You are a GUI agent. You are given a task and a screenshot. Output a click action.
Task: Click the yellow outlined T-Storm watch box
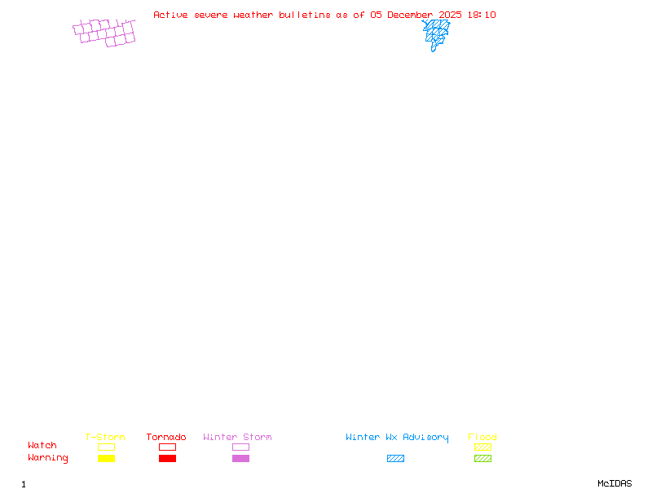pos(106,447)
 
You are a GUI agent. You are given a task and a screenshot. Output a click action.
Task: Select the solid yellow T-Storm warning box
pos(106,458)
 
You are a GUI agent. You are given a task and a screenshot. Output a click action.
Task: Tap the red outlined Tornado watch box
pos(167,447)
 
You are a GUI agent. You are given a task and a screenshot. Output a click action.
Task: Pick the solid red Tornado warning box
pos(167,458)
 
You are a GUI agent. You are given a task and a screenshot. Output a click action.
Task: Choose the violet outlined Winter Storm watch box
pos(240,447)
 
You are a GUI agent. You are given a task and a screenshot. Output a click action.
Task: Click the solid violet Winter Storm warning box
pos(240,458)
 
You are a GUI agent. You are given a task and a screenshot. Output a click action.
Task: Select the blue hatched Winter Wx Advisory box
pos(395,458)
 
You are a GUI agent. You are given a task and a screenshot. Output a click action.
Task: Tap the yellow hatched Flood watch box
pos(482,447)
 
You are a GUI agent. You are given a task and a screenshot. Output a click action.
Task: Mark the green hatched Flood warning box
pos(482,458)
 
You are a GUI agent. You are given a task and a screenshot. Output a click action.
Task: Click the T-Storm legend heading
pos(105,437)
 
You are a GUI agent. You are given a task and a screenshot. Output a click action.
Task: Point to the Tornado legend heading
pos(166,437)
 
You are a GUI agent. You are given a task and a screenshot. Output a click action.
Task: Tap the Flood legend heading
pos(482,437)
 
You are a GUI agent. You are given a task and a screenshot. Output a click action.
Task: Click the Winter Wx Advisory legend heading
pos(397,437)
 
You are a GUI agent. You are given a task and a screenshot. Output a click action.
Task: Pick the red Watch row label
pos(42,446)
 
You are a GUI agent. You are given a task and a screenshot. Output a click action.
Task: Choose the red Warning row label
pos(48,458)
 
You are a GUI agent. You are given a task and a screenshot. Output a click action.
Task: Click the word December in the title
pos(410,15)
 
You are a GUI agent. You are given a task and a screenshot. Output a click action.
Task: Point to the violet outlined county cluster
pos(104,33)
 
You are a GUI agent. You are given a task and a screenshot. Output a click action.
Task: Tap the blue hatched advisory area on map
pos(436,33)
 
